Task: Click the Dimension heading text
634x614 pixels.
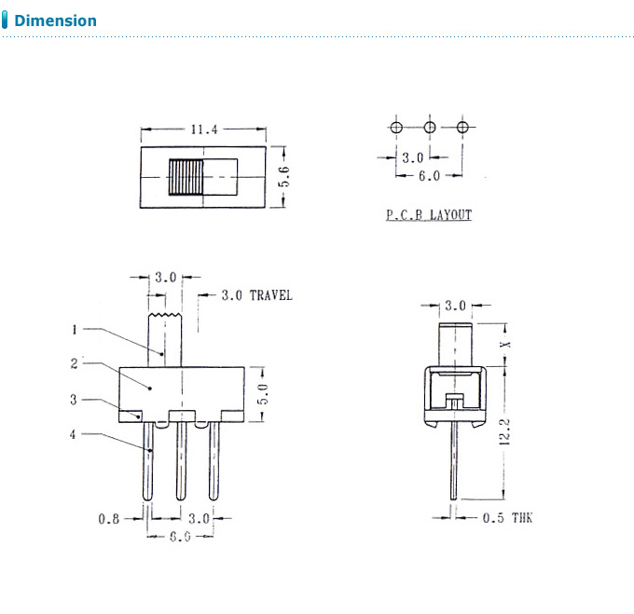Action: tap(55, 20)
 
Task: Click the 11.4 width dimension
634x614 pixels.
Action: tap(203, 130)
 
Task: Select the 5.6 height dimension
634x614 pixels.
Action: tap(285, 176)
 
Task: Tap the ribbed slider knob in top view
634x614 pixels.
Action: tap(186, 176)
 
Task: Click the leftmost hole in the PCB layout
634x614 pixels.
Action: tap(396, 127)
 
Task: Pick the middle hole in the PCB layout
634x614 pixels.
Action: tap(430, 127)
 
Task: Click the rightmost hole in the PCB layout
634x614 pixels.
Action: tap(462, 127)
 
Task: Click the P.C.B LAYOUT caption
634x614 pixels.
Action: tap(429, 215)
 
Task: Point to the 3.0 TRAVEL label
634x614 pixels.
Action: tap(256, 295)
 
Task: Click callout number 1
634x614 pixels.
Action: tap(75, 329)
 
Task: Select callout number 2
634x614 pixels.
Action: tap(75, 364)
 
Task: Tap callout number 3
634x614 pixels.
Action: tap(75, 400)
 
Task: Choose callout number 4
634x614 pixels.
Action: tap(75, 433)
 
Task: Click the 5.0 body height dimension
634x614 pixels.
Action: tap(264, 392)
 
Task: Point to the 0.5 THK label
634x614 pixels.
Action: tap(507, 518)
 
